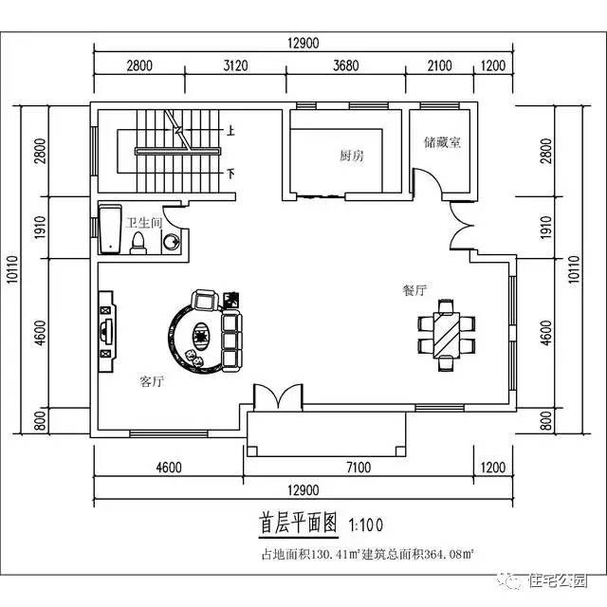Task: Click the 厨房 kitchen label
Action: tap(352, 156)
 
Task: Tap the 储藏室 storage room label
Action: tap(442, 143)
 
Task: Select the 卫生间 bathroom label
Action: tap(143, 223)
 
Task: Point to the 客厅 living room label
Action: tap(152, 382)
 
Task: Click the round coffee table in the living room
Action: tap(201, 334)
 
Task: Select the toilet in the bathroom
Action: tap(138, 244)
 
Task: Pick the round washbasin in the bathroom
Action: tap(171, 243)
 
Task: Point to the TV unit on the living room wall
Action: tap(106, 328)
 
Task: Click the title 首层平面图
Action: tap(299, 523)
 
